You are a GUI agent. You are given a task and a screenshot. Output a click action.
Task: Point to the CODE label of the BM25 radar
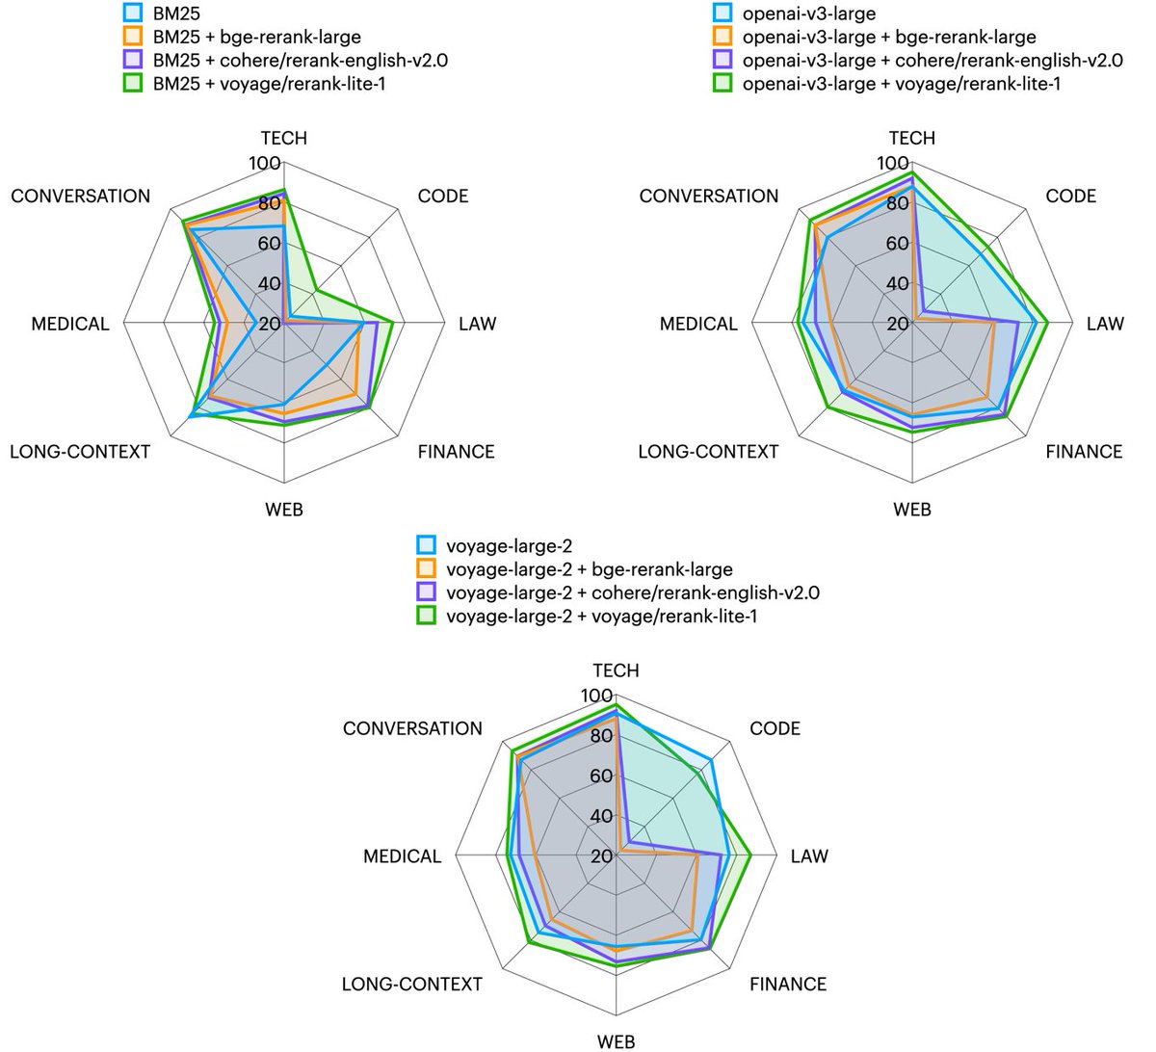click(x=443, y=197)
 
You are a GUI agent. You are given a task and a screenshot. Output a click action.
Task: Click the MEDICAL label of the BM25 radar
click(x=70, y=324)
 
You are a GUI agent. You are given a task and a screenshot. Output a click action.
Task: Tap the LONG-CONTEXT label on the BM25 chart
click(x=80, y=452)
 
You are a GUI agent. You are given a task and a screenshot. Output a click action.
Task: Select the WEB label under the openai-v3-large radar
click(x=912, y=510)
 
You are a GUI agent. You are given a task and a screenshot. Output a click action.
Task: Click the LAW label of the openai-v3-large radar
click(x=1105, y=324)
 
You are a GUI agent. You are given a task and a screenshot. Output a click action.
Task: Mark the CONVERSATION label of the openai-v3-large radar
click(x=709, y=197)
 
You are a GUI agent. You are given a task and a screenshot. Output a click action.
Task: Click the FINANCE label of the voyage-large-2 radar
click(x=788, y=985)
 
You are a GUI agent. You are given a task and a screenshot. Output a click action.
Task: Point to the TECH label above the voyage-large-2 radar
click(x=616, y=671)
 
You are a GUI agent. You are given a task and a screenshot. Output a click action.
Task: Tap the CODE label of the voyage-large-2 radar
click(x=775, y=729)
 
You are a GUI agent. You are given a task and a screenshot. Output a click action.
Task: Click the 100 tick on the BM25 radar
click(x=265, y=164)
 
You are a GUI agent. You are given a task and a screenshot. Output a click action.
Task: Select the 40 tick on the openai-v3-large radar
click(x=897, y=284)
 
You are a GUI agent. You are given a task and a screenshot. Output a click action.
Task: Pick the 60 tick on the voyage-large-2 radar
click(x=600, y=776)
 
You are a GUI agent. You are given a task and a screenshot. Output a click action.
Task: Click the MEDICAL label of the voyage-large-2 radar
click(x=403, y=856)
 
